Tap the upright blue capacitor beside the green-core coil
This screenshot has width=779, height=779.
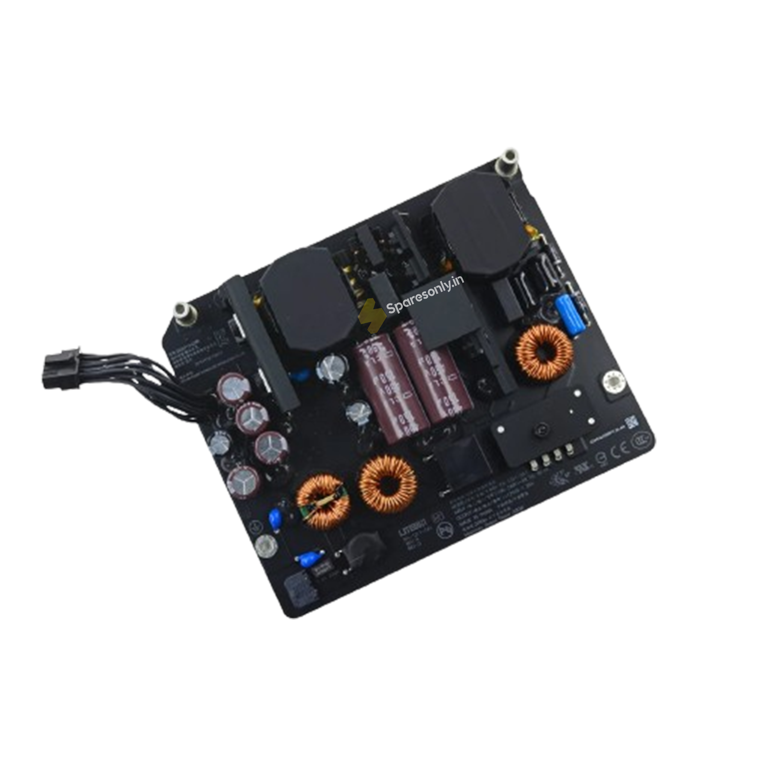click(x=275, y=516)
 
